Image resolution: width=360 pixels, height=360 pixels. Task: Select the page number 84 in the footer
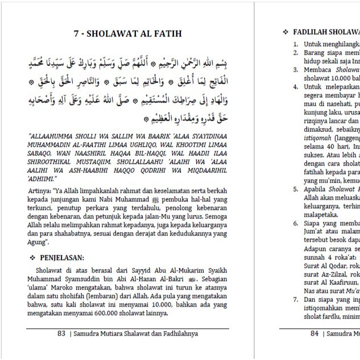315,334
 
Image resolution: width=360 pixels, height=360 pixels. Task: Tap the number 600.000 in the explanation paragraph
164,312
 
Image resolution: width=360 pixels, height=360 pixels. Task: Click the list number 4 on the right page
296,87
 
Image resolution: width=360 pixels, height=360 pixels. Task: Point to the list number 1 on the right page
296,44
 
